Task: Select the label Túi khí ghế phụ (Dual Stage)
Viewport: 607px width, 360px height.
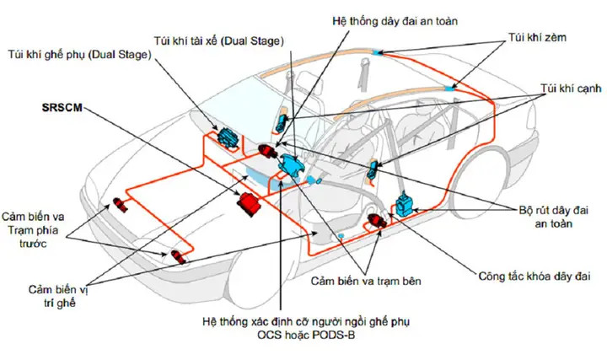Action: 81,56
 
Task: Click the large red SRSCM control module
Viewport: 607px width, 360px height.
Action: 249,205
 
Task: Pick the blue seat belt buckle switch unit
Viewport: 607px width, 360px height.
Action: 407,207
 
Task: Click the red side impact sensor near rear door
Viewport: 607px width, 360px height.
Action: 379,222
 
